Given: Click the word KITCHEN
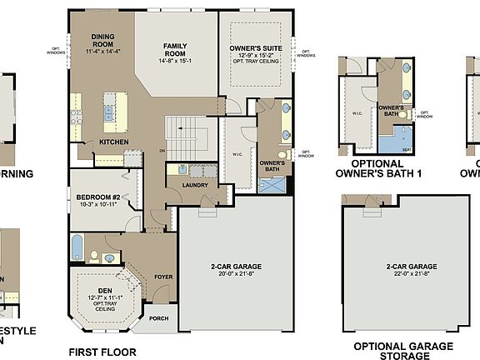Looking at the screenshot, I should pos(113,142).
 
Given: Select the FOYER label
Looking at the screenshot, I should pos(163,277).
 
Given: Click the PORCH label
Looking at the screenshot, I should pos(157,317).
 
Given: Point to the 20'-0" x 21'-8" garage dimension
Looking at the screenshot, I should pos(236,272).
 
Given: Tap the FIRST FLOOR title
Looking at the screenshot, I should pos(102,352).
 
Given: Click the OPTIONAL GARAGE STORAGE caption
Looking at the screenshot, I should pos(403,351).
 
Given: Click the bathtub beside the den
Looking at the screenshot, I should pos(77,247).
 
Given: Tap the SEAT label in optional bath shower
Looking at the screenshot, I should pos(407,150).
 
